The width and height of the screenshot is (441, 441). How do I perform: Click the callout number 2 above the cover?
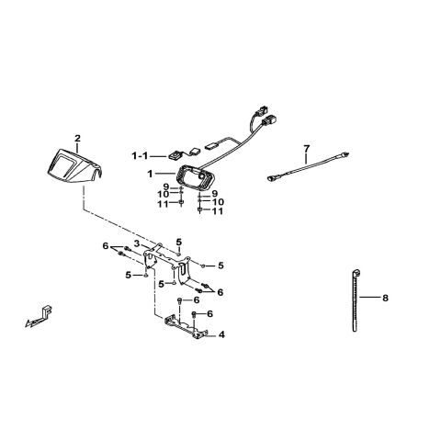coord(77,139)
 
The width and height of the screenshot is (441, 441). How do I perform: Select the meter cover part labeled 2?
coord(73,167)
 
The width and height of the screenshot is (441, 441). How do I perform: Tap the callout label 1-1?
coord(140,156)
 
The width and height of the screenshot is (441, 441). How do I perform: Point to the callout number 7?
coord(307,149)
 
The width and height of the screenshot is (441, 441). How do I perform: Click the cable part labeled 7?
coord(308,165)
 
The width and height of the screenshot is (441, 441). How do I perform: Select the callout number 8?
coord(385,298)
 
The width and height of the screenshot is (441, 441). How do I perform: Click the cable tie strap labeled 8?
coord(355,301)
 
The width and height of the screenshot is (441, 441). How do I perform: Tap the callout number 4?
coord(221,334)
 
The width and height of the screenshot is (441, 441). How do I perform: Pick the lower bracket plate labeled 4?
coord(186,328)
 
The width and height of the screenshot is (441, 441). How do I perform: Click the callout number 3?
coord(137,243)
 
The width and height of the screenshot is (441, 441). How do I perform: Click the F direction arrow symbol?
coord(39,317)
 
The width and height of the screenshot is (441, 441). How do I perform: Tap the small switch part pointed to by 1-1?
coord(175,155)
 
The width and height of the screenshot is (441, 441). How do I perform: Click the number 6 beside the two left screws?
coord(106,245)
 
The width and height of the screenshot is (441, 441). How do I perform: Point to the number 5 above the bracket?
coord(179,243)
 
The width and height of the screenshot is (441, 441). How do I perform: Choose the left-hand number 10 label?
coord(164,194)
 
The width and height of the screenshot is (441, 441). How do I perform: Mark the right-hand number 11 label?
coord(218,211)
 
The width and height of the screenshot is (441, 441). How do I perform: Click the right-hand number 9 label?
coord(214,194)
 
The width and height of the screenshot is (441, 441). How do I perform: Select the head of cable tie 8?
coord(356,272)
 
